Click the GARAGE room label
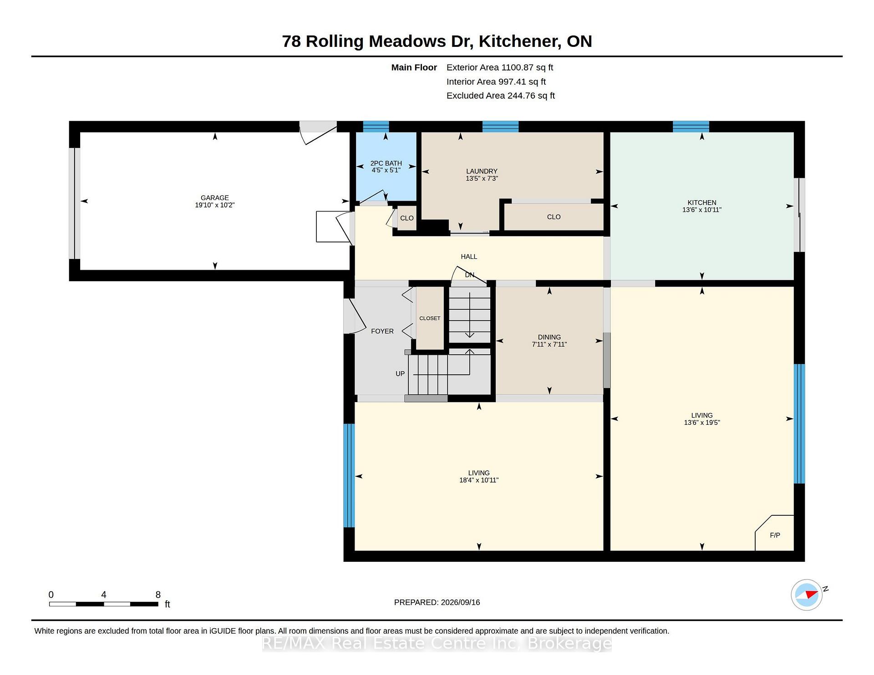215,198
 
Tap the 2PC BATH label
386,163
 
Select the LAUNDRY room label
482,171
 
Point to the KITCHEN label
702,203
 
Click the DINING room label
549,337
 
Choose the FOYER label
382,331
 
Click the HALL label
469,257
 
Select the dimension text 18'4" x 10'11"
479,480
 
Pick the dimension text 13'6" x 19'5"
702,423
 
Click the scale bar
104,604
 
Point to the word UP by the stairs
400,374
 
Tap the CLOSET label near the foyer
430,318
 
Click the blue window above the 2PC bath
376,126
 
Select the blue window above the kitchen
691,126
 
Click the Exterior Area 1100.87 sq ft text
500,67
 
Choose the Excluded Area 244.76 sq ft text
501,96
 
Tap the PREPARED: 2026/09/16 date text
437,602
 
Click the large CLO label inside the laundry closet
554,217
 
